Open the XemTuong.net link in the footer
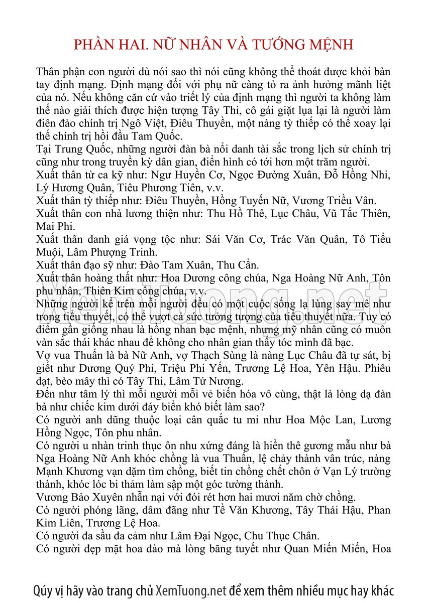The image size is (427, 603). [x=191, y=590]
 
